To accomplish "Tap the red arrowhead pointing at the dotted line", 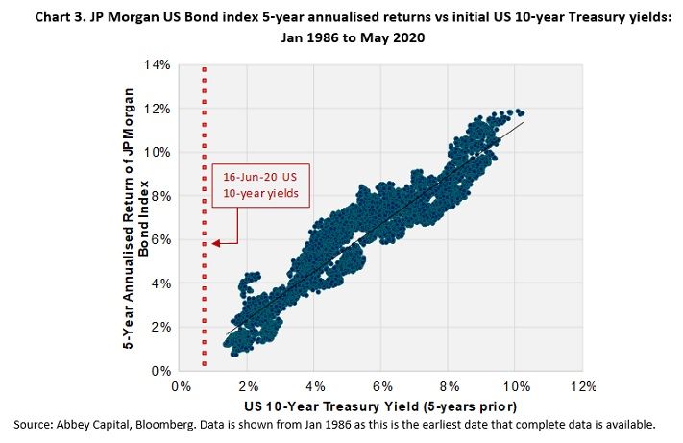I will point(217,242).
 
